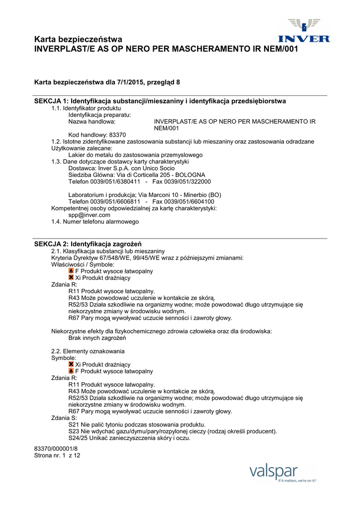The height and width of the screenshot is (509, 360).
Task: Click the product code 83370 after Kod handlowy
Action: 117,135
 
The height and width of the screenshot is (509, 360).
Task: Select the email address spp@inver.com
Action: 90,215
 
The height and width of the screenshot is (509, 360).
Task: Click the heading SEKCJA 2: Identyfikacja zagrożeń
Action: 88,244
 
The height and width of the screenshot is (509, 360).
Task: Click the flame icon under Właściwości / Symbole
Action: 71,271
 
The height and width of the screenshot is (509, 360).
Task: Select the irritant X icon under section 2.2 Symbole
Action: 71,364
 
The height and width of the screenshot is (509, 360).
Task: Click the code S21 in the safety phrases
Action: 73,425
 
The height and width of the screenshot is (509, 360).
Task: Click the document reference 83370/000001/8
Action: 56,449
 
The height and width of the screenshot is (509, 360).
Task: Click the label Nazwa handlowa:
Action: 92,121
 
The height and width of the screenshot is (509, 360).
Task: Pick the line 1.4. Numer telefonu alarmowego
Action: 95,222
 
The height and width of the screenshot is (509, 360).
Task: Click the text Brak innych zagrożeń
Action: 97,338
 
